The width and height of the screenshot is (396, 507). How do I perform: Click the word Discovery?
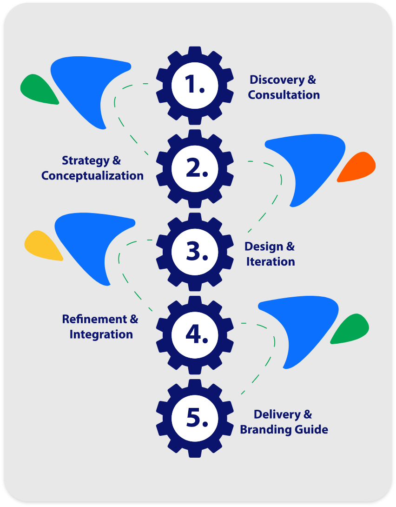click(x=276, y=80)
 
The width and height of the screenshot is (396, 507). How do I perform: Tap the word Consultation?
click(x=284, y=95)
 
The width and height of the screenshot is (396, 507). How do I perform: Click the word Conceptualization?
click(x=92, y=176)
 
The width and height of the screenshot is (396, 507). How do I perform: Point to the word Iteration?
click(x=270, y=261)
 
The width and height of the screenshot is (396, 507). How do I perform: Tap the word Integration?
click(x=101, y=334)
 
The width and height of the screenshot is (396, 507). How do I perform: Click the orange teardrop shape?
click(x=358, y=166)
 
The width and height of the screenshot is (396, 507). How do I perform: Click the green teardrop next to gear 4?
click(x=351, y=329)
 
